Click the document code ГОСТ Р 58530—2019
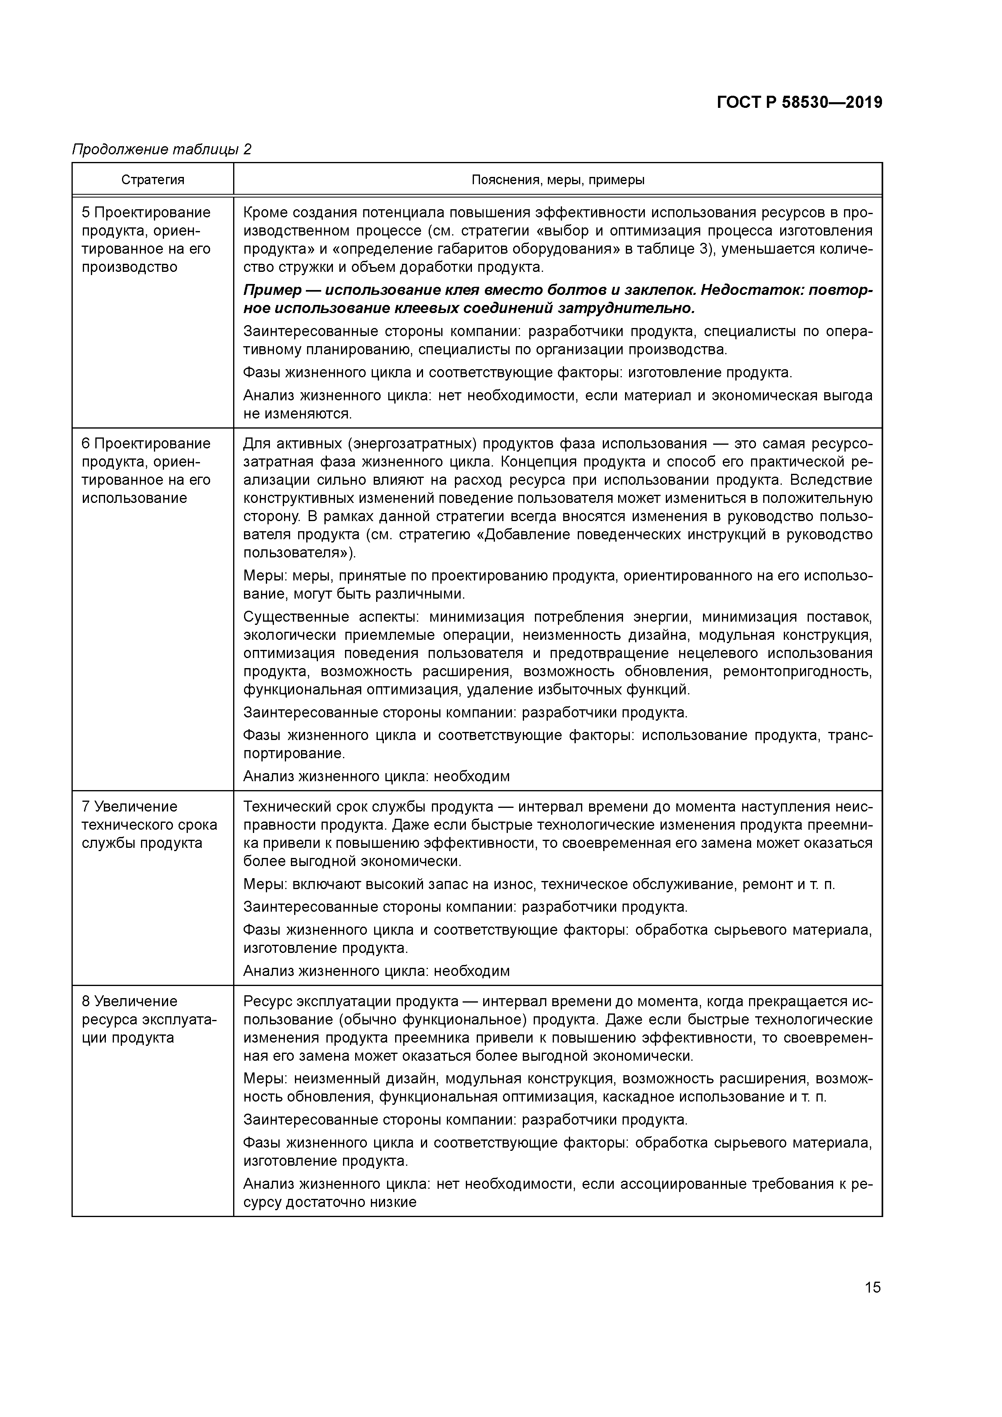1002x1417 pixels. pyautogui.click(x=800, y=103)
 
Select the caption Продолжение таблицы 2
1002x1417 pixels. pyautogui.click(x=162, y=149)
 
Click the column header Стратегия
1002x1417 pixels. pyautogui.click(x=152, y=180)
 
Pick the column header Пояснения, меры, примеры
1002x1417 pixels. pyautogui.click(x=558, y=180)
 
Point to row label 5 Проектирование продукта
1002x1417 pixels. pyautogui.click(x=146, y=240)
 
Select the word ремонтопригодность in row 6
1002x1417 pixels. pyautogui.click(x=797, y=671)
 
